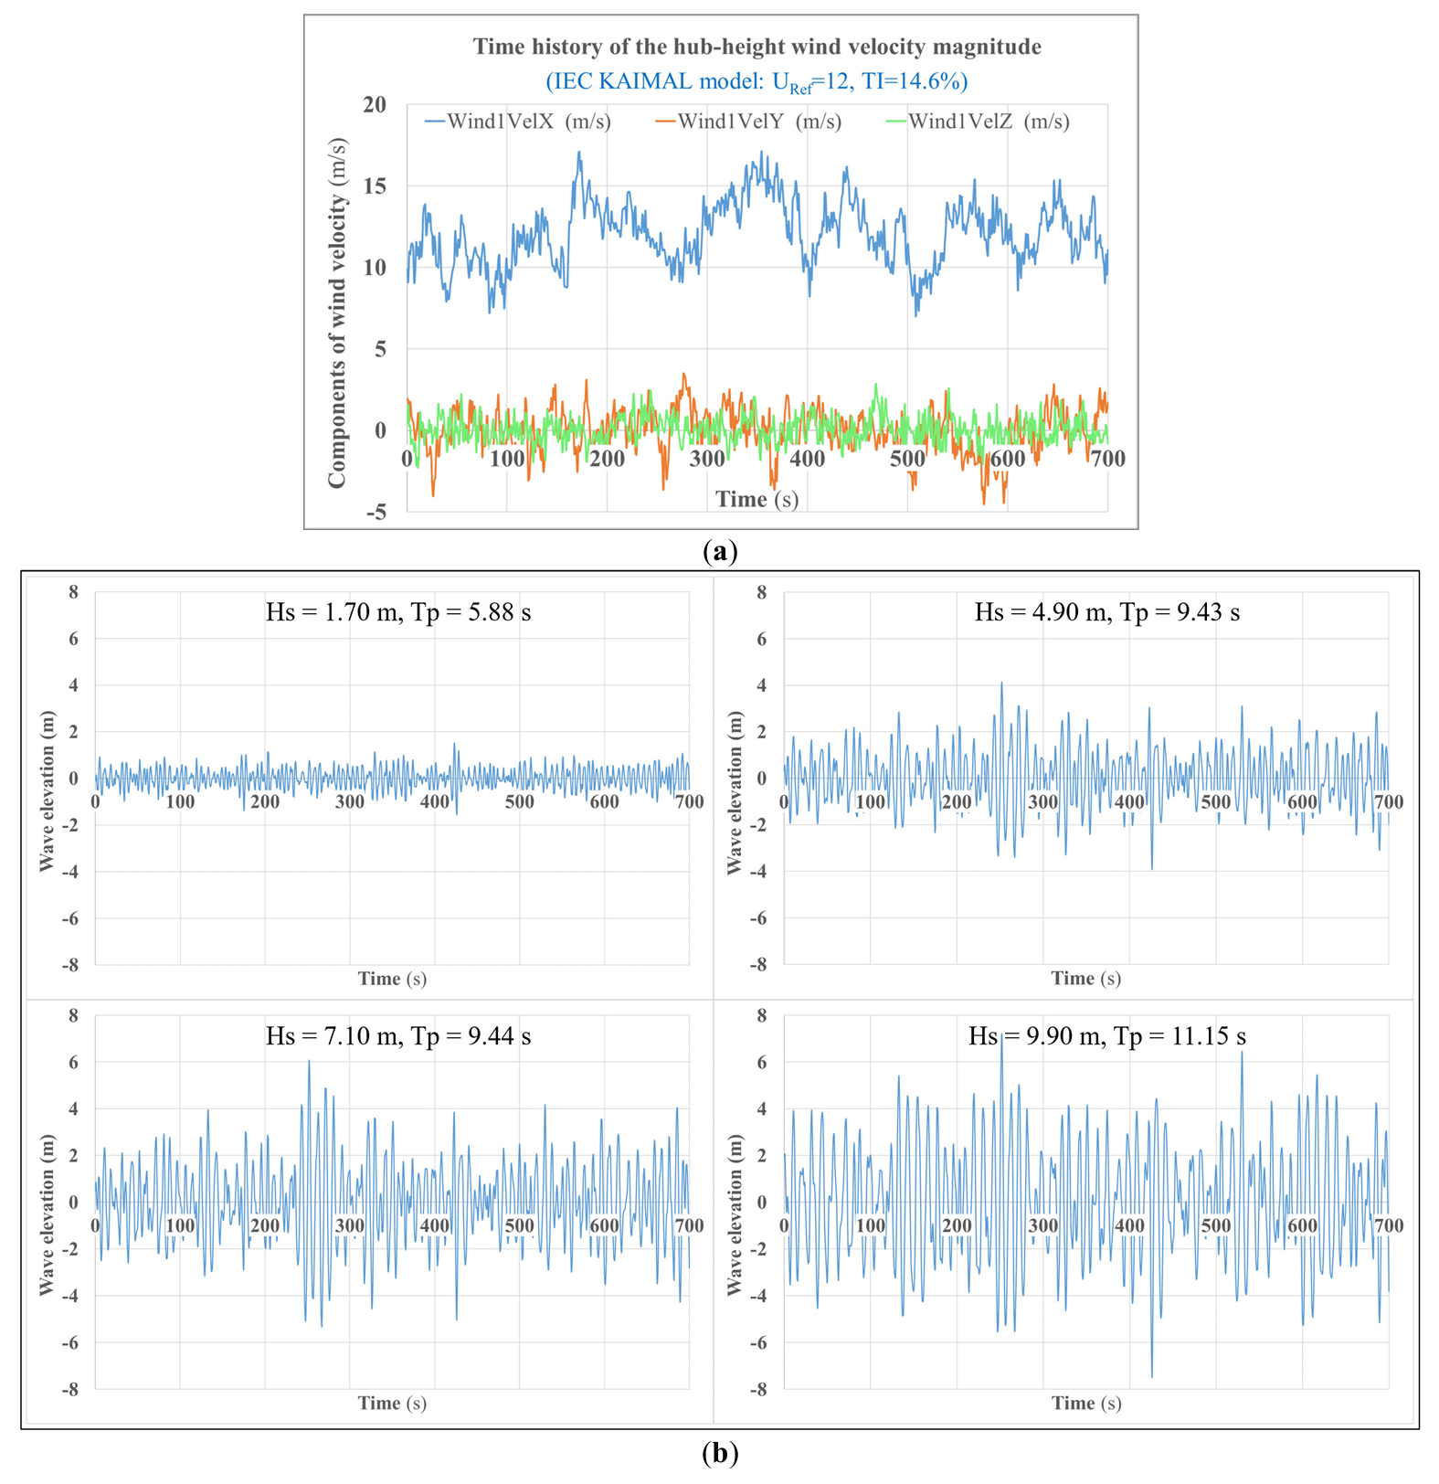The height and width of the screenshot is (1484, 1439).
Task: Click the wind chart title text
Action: pos(757,47)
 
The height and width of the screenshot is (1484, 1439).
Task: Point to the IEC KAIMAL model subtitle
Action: pos(757,82)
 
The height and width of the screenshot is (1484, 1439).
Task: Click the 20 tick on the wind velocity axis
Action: pos(375,105)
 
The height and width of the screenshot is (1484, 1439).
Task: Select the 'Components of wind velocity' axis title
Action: pos(337,313)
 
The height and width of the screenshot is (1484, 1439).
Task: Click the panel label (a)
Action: pos(720,551)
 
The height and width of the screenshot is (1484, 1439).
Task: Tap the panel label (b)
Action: pos(720,1454)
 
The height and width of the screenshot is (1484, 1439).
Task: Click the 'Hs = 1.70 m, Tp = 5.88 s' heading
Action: pos(398,612)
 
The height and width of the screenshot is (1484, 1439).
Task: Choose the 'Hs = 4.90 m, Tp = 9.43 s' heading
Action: pos(1107,612)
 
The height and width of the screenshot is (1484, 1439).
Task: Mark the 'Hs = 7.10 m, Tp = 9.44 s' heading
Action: pos(398,1036)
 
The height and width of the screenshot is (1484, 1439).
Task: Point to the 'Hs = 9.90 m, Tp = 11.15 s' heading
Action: pos(1107,1036)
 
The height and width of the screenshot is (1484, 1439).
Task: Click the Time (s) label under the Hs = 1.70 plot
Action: pos(392,979)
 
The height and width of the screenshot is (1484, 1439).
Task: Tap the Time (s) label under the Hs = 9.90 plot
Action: pos(1085,1403)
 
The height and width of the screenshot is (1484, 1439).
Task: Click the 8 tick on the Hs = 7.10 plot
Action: pos(73,1016)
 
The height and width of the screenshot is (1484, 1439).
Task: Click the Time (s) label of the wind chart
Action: pos(757,499)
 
